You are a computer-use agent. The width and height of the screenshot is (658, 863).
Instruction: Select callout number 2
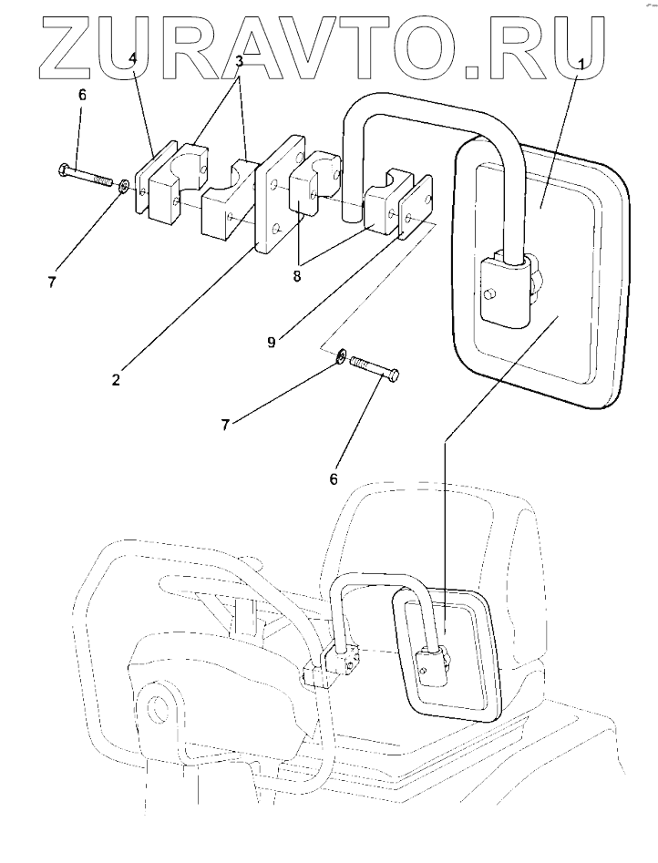point(116,379)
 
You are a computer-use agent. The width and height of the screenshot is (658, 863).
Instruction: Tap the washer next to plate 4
point(121,190)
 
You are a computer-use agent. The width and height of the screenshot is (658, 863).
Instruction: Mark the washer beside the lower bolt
point(340,356)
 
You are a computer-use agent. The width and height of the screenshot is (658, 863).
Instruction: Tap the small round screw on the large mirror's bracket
point(490,293)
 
